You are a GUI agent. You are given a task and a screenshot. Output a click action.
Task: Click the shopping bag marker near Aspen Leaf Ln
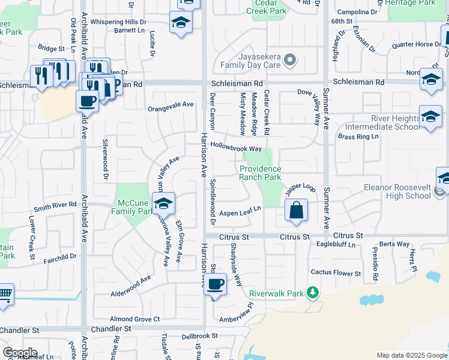point(297,211)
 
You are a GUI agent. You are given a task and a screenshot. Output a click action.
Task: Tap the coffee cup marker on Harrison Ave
point(215,284)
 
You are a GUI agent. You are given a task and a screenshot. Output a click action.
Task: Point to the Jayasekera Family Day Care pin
point(291,60)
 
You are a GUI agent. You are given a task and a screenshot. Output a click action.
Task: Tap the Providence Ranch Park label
point(261,173)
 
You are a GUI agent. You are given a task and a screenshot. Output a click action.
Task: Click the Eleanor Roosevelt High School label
point(397,191)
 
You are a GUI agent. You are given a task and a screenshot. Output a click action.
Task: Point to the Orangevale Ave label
point(171,104)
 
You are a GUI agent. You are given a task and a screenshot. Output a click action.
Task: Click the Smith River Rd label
point(55,205)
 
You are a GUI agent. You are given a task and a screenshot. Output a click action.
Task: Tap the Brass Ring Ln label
point(358,137)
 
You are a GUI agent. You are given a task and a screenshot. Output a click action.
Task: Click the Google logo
point(20,353)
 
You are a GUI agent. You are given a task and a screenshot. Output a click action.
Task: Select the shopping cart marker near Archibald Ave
point(4,296)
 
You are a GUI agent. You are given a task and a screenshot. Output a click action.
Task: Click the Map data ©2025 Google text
point(411,355)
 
